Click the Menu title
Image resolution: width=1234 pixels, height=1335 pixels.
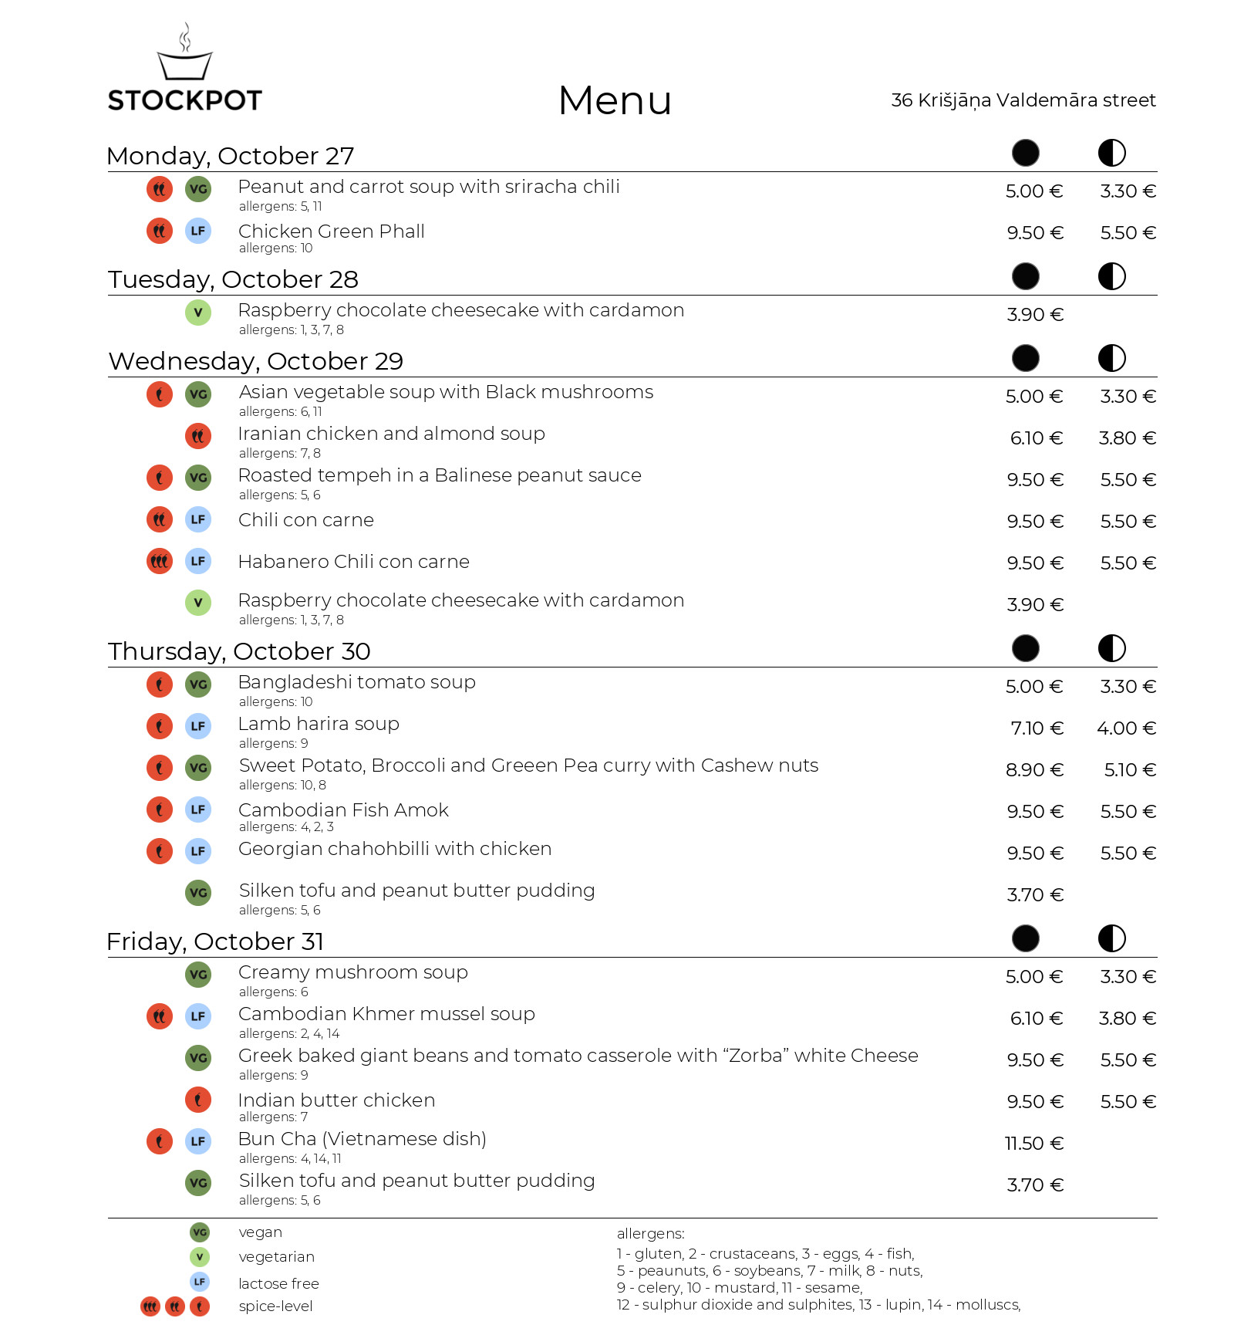[x=615, y=101]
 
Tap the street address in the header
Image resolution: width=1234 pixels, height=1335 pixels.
[x=1023, y=100]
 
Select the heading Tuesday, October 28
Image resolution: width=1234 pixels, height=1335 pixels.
[x=233, y=279]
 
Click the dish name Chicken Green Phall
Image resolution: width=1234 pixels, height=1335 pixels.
[x=331, y=232]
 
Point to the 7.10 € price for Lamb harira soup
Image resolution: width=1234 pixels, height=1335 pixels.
[x=1037, y=728]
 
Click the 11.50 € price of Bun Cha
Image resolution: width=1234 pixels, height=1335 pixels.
[x=1033, y=1144]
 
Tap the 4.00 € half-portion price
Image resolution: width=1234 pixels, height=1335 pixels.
[x=1126, y=728]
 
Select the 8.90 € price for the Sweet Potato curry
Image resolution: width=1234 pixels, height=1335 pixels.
[x=1034, y=770]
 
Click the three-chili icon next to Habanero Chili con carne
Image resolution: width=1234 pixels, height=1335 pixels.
[x=160, y=561]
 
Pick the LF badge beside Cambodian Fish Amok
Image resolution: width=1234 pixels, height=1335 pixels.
[x=198, y=809]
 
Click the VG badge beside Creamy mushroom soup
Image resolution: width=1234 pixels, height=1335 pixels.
[x=198, y=975]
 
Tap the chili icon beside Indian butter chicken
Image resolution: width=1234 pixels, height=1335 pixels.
[x=198, y=1100]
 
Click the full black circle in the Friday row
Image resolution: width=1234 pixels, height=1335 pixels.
[x=1025, y=938]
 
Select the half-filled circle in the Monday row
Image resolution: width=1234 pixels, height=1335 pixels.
[x=1111, y=153]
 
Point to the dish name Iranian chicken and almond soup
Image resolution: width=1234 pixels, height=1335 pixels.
[x=391, y=434]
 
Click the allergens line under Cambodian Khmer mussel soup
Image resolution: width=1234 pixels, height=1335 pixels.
[x=288, y=1034]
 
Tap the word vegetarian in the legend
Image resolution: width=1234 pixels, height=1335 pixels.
[x=276, y=1257]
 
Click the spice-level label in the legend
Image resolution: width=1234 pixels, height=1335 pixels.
[x=275, y=1306]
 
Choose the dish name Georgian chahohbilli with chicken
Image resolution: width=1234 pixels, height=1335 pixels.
[x=394, y=849]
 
